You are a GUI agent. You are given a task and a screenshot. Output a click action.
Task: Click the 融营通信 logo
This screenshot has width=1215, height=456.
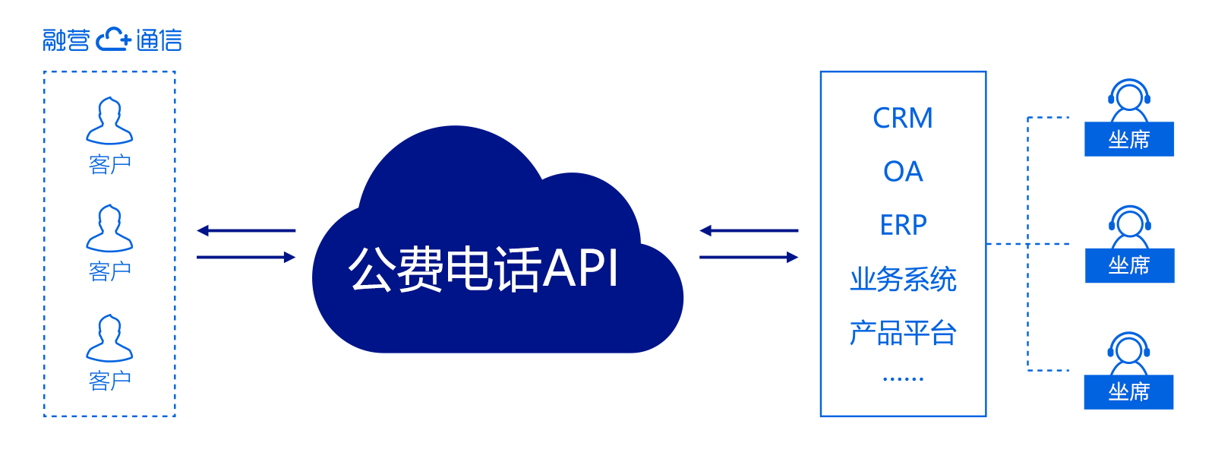coord(112,40)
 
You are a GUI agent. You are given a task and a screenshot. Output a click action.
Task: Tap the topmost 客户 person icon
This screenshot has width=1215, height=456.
coord(109,121)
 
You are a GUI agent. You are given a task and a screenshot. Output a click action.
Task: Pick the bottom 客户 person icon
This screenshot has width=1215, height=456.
coord(109,338)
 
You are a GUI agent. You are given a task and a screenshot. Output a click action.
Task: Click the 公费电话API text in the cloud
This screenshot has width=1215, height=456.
coord(484,269)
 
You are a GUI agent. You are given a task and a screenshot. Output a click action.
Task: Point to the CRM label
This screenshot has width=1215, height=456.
coord(903,119)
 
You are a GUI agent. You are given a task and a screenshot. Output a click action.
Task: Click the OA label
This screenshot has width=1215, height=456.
coord(903,172)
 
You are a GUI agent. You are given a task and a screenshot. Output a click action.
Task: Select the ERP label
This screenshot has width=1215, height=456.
coord(903,225)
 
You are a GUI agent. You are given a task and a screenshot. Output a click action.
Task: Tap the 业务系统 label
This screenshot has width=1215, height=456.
coord(903,280)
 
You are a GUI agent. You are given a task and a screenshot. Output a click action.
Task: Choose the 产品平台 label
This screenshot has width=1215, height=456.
coord(903,333)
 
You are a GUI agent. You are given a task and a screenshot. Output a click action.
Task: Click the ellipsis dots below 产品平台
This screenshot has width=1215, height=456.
coord(903,378)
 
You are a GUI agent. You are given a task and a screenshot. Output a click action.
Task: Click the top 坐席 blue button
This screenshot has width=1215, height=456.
coord(1129,140)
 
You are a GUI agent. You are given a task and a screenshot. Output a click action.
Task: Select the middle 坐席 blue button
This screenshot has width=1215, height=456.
coord(1129,266)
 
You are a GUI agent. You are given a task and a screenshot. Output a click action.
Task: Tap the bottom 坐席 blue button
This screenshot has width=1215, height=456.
coord(1129,392)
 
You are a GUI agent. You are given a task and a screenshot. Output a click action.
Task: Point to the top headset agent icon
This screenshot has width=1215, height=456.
coord(1129,100)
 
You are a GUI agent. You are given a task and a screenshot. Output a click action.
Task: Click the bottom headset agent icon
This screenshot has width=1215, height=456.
coord(1129,353)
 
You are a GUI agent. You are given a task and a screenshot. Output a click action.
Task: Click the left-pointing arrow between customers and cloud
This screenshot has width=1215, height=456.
coord(246,230)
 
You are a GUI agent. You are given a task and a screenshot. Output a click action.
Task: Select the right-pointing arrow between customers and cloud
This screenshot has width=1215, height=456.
coord(246,258)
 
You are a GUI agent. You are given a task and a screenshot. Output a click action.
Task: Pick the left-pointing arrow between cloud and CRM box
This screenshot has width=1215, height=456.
coord(749,230)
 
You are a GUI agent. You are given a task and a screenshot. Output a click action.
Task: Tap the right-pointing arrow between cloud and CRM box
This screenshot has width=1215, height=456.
coord(749,258)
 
